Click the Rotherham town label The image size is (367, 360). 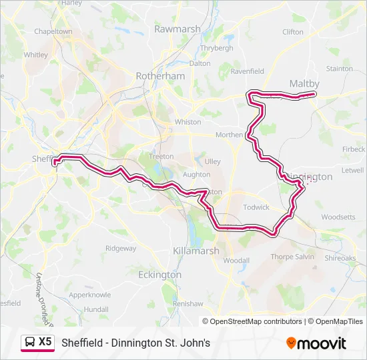(x=159, y=76)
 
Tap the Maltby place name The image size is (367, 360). (x=304, y=83)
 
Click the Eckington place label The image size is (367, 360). (x=159, y=275)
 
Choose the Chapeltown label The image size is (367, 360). (x=53, y=31)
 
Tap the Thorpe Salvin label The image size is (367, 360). (x=292, y=257)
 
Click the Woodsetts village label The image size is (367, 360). (x=338, y=217)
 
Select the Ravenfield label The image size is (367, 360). (x=247, y=71)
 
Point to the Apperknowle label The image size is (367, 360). (x=90, y=294)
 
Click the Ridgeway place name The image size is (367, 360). (x=120, y=249)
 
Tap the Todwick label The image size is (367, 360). (x=256, y=207)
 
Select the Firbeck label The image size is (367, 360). (x=353, y=149)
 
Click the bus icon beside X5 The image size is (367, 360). (x=29, y=342)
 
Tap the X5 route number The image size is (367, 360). (x=45, y=342)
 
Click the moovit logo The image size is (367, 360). (x=316, y=343)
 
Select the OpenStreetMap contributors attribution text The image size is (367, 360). (x=256, y=321)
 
